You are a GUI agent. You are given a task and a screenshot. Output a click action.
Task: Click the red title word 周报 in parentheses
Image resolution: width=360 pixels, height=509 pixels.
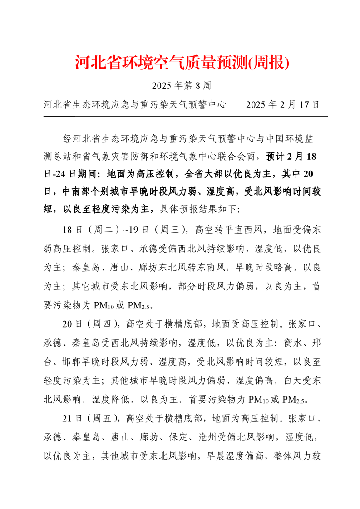[x=270, y=63]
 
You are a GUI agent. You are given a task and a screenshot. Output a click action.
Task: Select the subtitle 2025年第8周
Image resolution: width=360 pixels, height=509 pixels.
[x=180, y=86]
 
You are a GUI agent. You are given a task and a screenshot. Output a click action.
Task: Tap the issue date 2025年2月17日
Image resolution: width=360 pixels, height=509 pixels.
[x=282, y=105]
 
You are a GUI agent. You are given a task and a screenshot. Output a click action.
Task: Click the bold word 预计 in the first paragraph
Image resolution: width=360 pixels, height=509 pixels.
[x=275, y=157]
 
